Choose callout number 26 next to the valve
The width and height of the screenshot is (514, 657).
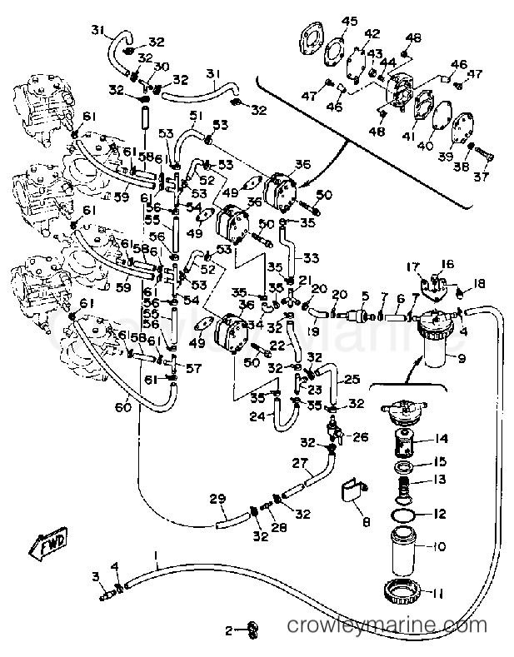(x=359, y=436)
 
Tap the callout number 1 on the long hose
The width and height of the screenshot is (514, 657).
(x=155, y=555)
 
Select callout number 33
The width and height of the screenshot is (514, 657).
(x=312, y=257)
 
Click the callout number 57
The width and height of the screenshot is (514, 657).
(x=193, y=367)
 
